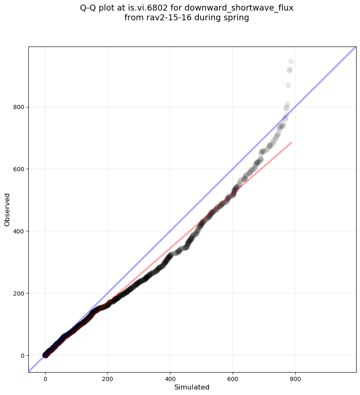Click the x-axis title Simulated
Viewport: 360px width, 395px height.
point(192,387)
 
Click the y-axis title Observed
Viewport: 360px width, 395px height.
point(7,209)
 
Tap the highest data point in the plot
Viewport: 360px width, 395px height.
point(291,62)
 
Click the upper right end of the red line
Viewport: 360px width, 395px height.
point(291,143)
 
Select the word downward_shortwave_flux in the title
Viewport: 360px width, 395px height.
point(250,8)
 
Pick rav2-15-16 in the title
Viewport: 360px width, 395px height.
point(162,18)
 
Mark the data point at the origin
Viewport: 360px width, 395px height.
point(45,355)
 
